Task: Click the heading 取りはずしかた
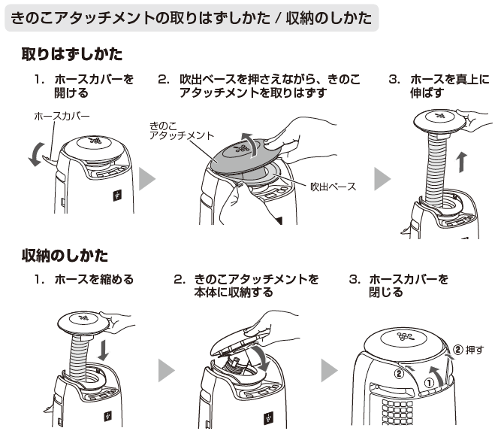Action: point(72,54)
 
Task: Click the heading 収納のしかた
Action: point(65,256)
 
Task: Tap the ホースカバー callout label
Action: point(62,116)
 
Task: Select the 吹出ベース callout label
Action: point(333,187)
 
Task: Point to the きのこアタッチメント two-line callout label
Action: point(182,131)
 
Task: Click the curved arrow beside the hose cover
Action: point(35,154)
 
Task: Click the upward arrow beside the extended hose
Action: point(462,162)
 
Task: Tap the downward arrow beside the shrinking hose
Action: point(103,349)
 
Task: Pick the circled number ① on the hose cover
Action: point(429,383)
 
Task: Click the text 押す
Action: point(475,350)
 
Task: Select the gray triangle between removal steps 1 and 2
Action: point(147,178)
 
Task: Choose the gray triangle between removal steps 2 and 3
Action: point(382,179)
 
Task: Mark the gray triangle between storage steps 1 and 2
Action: point(166,370)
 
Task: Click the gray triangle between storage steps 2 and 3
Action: point(329,370)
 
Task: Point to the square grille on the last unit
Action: point(397,411)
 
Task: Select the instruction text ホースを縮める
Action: point(94,279)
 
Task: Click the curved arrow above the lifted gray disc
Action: point(250,144)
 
